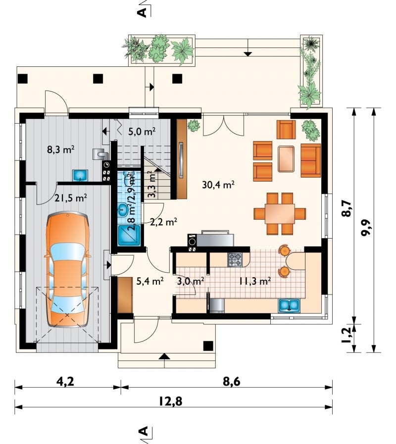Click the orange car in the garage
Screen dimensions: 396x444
68,269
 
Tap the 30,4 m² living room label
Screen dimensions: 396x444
218,185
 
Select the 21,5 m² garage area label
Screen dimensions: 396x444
70,198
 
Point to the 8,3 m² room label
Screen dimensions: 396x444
60,149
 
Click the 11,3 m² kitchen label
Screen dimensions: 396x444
254,281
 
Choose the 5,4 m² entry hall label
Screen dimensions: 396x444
150,281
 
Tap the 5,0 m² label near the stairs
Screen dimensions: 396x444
142,131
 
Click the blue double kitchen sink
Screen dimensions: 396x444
289,305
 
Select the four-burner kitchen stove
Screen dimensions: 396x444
235,260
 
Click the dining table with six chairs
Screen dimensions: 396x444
280,214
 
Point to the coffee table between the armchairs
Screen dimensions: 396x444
286,158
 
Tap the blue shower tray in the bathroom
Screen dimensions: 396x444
129,235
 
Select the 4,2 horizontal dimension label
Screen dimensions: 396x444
65,382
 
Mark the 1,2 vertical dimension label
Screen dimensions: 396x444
346,335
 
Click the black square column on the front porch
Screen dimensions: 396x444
208,346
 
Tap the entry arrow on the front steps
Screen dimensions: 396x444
164,356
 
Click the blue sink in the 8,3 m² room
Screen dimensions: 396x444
80,175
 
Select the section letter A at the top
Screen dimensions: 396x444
143,12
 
